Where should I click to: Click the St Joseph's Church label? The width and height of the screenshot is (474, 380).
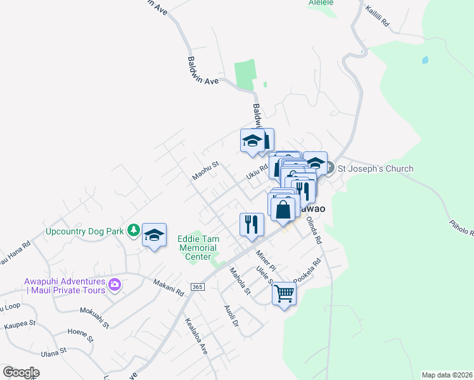point(375,168)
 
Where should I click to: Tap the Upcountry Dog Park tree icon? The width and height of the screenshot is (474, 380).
point(133,231)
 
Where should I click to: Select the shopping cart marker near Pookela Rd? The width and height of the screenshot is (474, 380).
point(285,293)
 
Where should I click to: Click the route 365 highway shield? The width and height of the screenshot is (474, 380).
point(196,286)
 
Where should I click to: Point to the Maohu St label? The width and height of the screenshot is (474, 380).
point(206,170)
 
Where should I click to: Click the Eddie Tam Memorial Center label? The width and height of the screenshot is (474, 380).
point(198,248)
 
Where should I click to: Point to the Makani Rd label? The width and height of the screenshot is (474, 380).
point(168,289)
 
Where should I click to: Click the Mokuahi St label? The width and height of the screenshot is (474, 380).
point(95,317)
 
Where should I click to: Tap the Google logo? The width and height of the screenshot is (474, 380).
point(21,372)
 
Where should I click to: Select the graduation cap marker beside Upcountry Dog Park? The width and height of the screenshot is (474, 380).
point(154,235)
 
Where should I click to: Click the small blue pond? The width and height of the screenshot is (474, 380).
point(425,61)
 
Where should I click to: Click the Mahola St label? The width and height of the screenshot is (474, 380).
point(240,281)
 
